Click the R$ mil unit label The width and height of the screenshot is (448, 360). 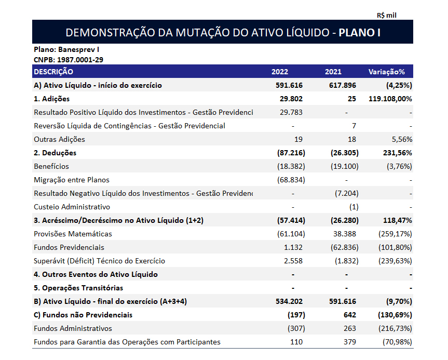[387, 15]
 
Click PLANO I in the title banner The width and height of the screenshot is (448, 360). [359, 32]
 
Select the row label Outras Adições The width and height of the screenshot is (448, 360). [59, 139]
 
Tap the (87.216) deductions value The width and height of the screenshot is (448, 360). [291, 153]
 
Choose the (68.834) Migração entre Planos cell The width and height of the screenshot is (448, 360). [291, 180]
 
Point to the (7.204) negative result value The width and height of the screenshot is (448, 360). [346, 193]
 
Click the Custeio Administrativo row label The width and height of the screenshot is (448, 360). [72, 207]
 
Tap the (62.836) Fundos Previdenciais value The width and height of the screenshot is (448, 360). [344, 247]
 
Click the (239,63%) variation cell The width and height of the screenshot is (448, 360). [394, 261]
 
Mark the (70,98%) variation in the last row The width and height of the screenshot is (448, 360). [396, 342]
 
